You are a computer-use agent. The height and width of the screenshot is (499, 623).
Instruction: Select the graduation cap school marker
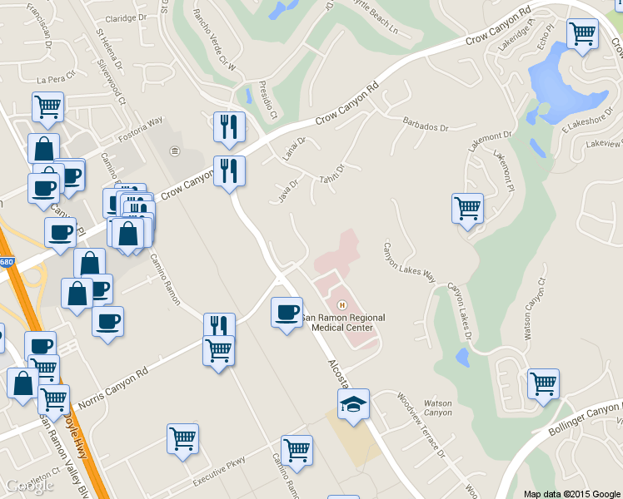(x=353, y=406)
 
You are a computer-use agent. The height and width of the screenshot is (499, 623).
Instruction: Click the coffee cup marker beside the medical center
(x=287, y=312)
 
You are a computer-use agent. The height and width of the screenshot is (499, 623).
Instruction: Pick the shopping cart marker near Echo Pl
(x=582, y=34)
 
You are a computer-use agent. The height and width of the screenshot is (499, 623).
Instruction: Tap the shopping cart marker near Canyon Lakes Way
(x=467, y=208)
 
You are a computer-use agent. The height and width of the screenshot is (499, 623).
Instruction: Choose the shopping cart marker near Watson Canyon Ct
(x=543, y=383)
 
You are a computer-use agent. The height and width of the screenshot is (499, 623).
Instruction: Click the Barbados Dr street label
(x=426, y=127)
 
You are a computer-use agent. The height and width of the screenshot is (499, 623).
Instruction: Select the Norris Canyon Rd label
(x=113, y=390)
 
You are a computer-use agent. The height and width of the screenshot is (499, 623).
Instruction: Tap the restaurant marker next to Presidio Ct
(x=229, y=127)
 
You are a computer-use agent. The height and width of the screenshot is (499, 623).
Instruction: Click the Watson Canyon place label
(x=438, y=408)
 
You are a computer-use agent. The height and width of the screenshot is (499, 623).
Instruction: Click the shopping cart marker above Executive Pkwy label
(x=182, y=438)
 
